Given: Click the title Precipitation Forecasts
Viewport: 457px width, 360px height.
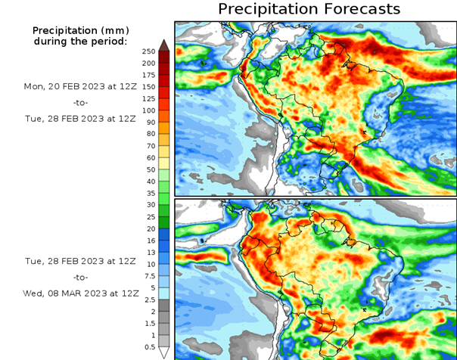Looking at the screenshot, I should point(309,9).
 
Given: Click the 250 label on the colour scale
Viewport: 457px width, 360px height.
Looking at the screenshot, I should point(148,51).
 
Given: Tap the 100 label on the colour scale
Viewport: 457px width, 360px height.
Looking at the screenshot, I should point(148,110).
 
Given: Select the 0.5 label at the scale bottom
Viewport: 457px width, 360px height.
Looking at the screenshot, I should point(148,347).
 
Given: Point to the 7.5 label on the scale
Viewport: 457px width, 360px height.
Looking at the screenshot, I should point(148,276).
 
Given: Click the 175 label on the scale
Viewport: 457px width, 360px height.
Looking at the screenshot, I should point(148,75).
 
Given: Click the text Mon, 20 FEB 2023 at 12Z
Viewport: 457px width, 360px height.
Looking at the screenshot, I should point(80,86).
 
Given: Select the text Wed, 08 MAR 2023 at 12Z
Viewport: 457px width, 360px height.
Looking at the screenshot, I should point(80,292).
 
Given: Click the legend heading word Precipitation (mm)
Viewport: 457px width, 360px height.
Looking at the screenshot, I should point(80,29).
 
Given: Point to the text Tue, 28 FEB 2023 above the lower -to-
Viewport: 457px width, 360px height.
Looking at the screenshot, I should point(80,262).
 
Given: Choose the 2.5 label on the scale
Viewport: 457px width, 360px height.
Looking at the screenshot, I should point(148,299).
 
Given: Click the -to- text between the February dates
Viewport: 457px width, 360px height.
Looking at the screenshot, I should point(80,101).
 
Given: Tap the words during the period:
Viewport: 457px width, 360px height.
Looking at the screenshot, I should point(80,40).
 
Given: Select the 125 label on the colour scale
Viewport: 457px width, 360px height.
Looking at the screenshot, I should point(148,98).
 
